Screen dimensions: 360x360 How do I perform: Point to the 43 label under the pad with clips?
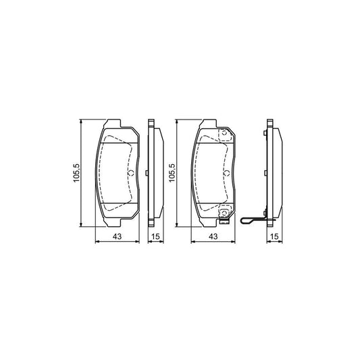(213, 236)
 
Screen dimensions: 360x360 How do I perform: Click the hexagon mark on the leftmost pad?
(130, 174)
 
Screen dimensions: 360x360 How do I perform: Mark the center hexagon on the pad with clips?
(227, 174)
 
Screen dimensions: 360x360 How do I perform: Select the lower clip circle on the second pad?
(225, 216)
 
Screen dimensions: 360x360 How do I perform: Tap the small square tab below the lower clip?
(225, 224)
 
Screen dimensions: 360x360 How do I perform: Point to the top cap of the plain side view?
(152, 123)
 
